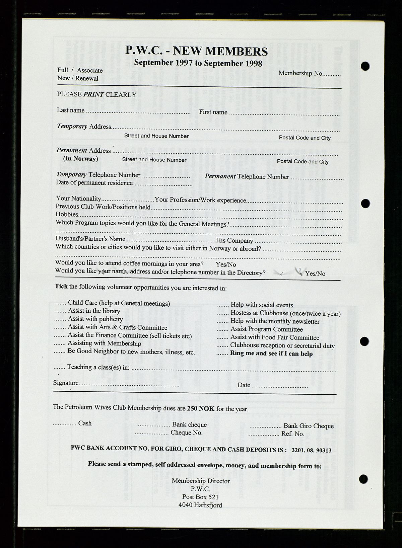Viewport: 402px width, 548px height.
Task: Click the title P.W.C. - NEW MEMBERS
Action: [x=197, y=51]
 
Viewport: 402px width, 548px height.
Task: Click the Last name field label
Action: [x=71, y=110]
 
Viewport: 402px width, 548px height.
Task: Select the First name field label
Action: [x=213, y=112]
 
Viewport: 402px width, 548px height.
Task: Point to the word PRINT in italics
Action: [x=94, y=94]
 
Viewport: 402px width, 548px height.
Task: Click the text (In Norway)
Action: [x=81, y=159]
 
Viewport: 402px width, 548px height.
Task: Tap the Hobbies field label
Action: [x=67, y=214]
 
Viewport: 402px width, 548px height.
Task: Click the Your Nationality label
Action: [x=78, y=199]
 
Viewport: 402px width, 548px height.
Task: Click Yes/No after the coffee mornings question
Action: [x=226, y=264]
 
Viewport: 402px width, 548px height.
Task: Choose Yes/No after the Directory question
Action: [x=315, y=273]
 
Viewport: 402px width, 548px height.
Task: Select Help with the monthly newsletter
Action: [x=275, y=321]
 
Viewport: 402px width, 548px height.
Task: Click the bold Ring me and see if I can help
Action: [x=271, y=354]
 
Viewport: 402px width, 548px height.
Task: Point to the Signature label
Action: [x=66, y=383]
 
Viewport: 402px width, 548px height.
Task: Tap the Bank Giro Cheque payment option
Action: [x=309, y=426]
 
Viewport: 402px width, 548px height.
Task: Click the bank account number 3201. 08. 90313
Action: [x=312, y=450]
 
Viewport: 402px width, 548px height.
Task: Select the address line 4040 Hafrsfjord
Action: [x=200, y=505]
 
